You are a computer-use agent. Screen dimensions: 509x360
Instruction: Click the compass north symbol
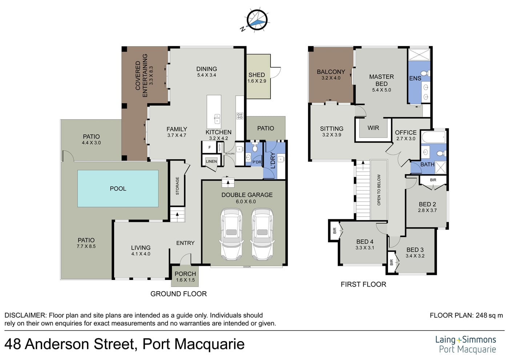tap(257, 20)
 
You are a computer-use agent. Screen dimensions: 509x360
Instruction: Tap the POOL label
tap(118, 188)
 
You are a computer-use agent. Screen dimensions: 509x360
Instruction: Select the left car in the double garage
tap(231, 234)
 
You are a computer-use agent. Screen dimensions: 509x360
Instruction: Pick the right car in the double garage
tap(262, 234)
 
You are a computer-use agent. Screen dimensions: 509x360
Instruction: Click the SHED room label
tap(257, 75)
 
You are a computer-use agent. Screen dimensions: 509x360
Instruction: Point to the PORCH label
tap(185, 274)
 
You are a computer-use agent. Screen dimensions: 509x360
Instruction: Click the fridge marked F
tap(209, 147)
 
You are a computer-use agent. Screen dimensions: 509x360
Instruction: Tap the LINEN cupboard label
tap(211, 161)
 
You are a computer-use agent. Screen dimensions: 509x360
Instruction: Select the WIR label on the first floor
tap(373, 128)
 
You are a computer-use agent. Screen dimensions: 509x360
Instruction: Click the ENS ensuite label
tap(415, 79)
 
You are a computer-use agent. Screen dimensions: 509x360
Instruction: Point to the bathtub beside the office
tap(433, 137)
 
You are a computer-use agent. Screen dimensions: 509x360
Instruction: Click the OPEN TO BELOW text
tap(379, 190)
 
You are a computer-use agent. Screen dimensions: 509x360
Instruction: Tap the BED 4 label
tap(365, 241)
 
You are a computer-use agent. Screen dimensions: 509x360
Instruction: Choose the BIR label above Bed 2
tap(433, 180)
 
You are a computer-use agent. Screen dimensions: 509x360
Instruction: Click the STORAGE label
tap(177, 186)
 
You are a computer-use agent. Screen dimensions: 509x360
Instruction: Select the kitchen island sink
tap(217, 119)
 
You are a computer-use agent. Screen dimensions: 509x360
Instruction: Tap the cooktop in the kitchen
tap(240, 116)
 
